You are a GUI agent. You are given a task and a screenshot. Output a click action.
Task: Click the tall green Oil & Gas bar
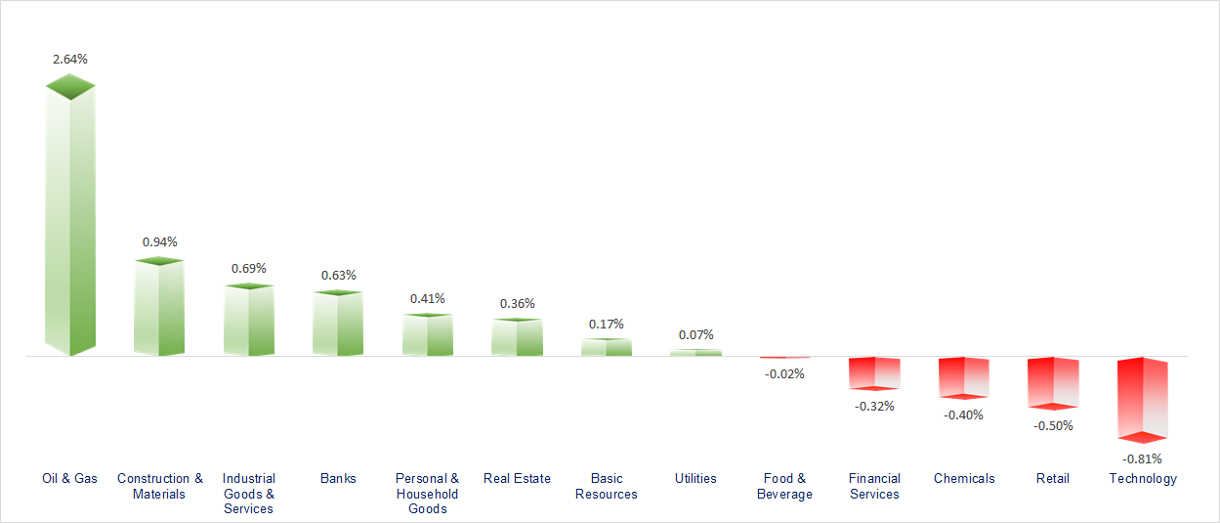70,220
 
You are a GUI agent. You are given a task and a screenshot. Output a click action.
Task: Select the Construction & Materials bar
159,308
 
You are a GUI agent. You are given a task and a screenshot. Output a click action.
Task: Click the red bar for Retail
1053,382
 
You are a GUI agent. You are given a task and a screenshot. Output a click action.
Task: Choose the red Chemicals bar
964,377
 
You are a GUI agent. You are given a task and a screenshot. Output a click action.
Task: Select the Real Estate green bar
517,336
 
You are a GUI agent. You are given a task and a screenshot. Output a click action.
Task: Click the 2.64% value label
70,59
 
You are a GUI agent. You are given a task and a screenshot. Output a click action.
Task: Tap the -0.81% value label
1142,458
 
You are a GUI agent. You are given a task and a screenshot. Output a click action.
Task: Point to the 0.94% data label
160,241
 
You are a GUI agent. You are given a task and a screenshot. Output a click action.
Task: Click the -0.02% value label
785,373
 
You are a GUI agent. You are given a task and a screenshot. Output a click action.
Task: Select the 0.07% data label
696,334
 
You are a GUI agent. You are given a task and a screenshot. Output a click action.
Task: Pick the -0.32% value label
874,406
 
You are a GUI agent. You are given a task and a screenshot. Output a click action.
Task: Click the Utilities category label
695,478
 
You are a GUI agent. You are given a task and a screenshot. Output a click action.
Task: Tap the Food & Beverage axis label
784,486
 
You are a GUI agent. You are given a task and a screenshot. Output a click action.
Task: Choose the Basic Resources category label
606,486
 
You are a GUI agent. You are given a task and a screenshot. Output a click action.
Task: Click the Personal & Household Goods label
427,494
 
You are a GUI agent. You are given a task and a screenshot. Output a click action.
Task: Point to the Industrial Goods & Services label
249,494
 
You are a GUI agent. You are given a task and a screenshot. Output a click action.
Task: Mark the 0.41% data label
428,298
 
